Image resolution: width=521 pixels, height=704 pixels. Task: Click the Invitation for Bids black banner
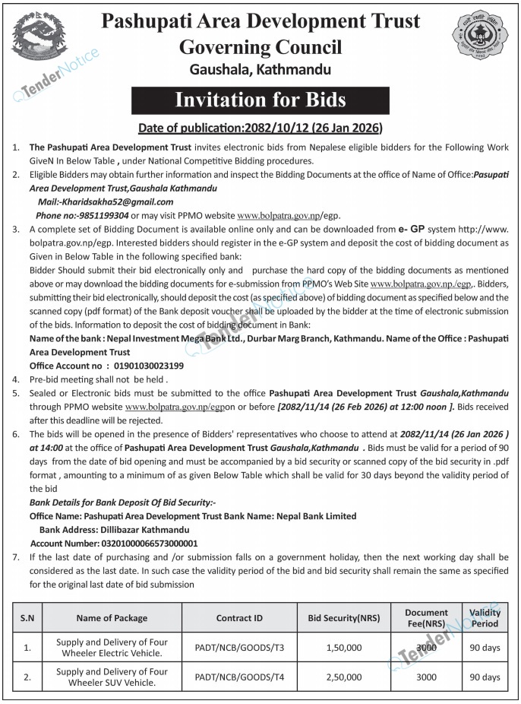coord(260,100)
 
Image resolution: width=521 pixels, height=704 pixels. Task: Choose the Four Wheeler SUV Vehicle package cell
coord(112,677)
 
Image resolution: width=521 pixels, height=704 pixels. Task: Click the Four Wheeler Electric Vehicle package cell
coord(112,648)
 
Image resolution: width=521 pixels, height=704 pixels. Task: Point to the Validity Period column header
coord(485,618)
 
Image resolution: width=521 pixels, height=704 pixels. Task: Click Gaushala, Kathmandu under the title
coord(260,70)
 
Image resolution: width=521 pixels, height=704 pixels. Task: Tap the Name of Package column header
coord(112,618)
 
